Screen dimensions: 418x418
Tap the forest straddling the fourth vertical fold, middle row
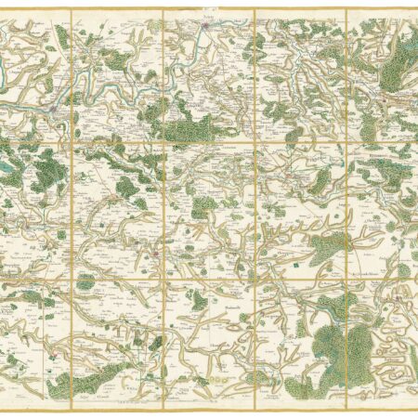coord(325,246)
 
